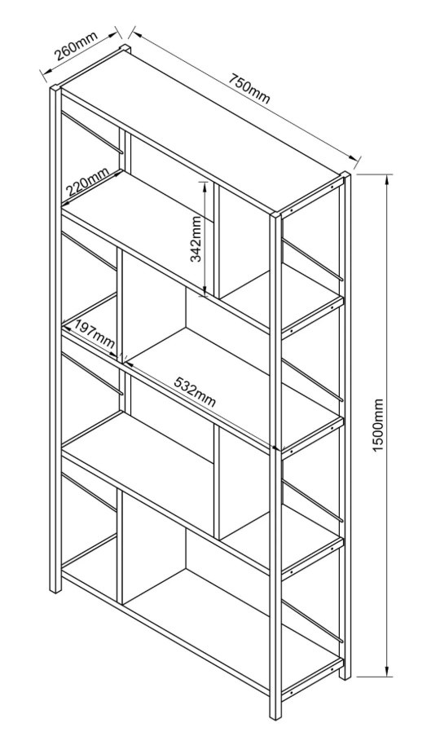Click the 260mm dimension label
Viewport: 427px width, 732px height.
coord(77,47)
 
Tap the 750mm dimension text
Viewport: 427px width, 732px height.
coord(249,88)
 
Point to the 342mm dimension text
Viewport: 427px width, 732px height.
coord(196,240)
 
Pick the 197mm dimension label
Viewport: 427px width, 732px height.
coord(95,334)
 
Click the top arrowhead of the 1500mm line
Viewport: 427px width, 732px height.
coord(387,180)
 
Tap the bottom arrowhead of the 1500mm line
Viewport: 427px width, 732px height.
coord(387,669)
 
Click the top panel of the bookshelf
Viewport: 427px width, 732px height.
coord(201,130)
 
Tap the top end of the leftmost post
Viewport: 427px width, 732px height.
coord(55,88)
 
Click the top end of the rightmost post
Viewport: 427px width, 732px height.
coord(346,174)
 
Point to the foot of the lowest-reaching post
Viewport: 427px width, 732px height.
coord(275,717)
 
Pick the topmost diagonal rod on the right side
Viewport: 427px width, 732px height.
coord(313,261)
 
